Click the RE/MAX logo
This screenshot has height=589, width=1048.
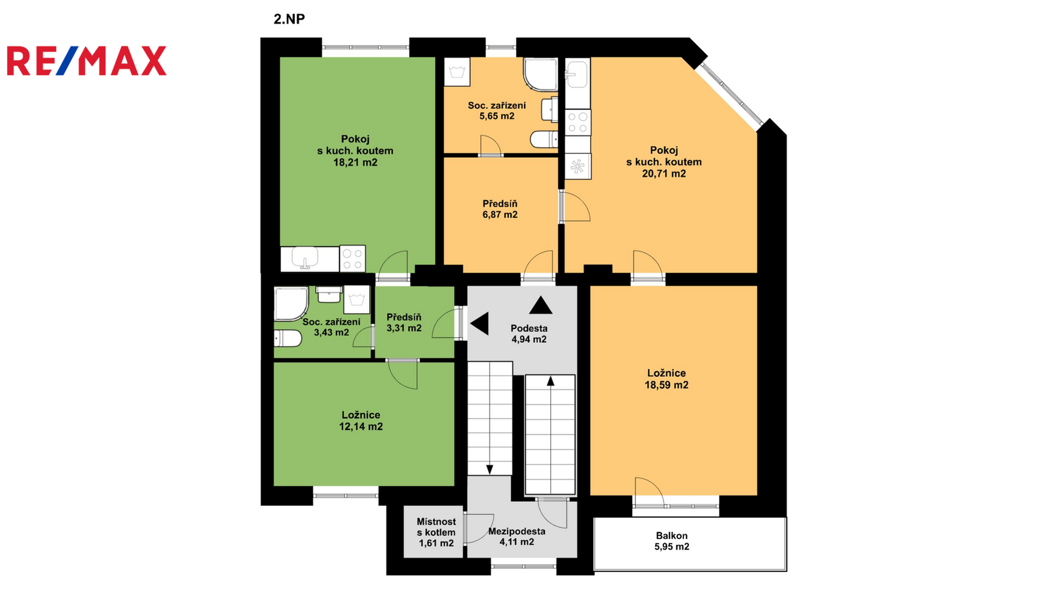(x=86, y=61)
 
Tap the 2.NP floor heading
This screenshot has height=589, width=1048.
(x=289, y=19)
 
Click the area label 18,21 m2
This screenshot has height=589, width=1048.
(x=355, y=163)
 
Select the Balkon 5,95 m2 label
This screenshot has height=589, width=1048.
(x=672, y=541)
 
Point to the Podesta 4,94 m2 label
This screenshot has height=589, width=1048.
(x=529, y=334)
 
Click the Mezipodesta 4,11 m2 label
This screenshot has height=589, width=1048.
(x=517, y=537)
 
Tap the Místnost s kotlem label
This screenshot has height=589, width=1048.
(x=436, y=527)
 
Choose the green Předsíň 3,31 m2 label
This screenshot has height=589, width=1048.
(x=404, y=323)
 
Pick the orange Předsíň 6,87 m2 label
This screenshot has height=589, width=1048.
(x=500, y=209)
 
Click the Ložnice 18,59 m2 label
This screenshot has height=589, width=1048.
(x=667, y=379)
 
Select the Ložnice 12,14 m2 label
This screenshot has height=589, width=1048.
(x=361, y=421)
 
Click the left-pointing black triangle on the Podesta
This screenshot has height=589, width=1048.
(x=479, y=323)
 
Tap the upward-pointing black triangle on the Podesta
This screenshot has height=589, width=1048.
(x=541, y=305)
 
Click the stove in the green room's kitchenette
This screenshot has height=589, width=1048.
(x=353, y=259)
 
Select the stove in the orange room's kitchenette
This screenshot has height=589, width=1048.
(x=578, y=122)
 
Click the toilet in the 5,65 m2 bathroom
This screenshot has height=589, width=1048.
(x=544, y=139)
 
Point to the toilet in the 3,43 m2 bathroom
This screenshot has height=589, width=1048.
(x=288, y=338)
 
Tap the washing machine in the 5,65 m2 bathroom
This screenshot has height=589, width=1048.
(x=457, y=72)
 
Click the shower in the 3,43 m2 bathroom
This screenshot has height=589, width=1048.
(x=291, y=304)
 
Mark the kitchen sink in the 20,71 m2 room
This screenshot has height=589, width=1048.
(x=577, y=75)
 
